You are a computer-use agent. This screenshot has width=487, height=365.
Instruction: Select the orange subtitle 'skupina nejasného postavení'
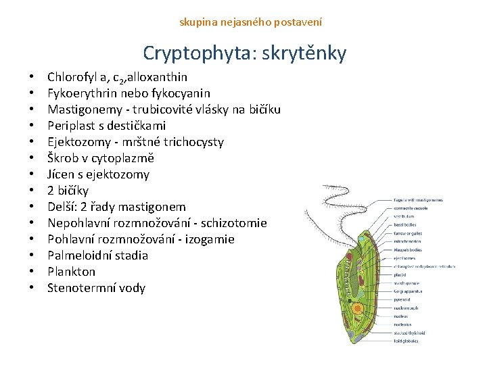click(250, 22)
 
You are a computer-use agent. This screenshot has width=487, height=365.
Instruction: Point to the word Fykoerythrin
click(80, 93)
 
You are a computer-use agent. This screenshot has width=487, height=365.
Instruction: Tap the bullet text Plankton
click(71, 272)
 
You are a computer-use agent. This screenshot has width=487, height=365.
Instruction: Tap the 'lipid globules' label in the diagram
click(406, 341)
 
